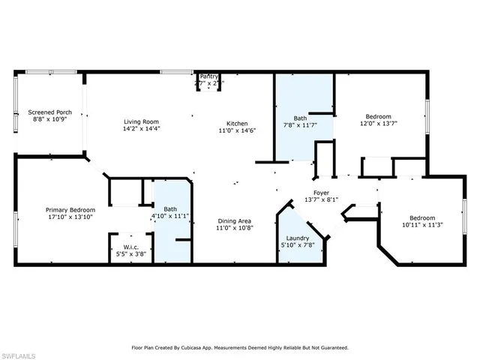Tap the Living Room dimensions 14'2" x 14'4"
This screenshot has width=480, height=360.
coord(142,129)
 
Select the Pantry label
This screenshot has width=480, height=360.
coord(208,76)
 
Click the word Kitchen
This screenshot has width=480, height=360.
coord(238,123)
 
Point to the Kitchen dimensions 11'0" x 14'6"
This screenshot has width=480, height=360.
coord(238,131)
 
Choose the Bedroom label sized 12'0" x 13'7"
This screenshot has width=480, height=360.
coord(378,116)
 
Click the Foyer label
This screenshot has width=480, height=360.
coord(322,192)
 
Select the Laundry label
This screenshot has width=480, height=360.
coord(298,236)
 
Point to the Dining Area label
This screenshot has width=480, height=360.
coord(234,220)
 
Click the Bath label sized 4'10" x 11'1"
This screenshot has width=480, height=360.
coord(170,209)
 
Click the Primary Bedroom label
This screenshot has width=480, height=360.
coord(70,209)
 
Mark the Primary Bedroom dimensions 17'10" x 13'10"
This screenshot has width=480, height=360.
coord(70,217)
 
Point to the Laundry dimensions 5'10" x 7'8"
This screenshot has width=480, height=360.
coord(298,244)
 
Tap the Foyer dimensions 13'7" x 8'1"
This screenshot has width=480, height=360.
coord(322,200)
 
